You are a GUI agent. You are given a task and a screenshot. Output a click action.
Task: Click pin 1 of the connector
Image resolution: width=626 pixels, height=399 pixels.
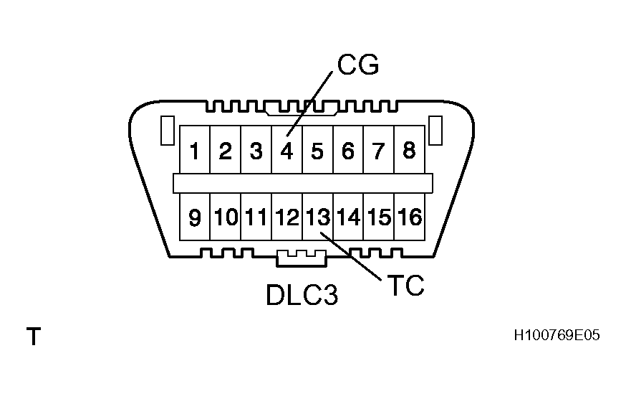(194, 151)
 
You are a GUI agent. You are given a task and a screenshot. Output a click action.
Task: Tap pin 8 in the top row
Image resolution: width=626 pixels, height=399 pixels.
(409, 151)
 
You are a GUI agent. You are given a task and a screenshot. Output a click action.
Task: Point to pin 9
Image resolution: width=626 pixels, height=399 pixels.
(194, 217)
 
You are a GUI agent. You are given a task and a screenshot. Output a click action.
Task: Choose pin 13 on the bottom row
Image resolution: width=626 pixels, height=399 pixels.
(317, 217)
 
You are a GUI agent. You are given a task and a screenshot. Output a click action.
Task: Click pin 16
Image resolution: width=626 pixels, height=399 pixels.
(410, 217)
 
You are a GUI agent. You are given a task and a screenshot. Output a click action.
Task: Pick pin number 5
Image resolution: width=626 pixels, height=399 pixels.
(317, 151)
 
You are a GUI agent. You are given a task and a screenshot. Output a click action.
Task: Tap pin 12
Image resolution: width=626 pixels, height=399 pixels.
(286, 217)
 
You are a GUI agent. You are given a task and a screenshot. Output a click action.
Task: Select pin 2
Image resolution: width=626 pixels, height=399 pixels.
(225, 151)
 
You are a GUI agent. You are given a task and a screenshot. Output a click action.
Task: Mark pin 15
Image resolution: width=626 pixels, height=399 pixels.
(379, 217)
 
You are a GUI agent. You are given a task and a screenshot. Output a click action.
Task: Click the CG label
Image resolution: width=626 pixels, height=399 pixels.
(357, 66)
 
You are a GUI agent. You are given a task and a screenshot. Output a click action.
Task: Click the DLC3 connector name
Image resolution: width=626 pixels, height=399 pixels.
(302, 295)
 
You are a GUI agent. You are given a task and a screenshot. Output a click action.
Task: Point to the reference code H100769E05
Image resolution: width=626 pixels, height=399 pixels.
(556, 336)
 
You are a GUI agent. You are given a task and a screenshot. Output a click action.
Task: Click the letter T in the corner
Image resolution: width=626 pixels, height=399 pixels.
(33, 337)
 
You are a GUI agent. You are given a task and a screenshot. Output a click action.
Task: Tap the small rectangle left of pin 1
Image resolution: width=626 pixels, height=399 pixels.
(166, 129)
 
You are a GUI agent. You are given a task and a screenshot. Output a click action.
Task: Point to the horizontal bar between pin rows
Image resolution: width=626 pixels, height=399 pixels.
(302, 184)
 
